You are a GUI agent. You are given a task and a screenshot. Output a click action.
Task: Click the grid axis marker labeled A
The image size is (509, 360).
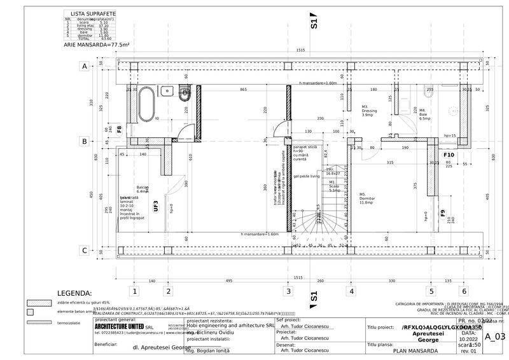[x=83, y=66]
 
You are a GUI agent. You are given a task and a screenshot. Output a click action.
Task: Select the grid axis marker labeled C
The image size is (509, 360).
[x=83, y=251]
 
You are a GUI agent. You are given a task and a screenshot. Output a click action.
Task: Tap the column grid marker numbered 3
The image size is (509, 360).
[x=288, y=291]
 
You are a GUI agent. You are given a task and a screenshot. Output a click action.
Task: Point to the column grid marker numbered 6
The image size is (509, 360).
[x=464, y=291]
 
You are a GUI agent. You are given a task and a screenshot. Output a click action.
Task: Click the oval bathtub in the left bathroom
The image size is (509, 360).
[x=146, y=104]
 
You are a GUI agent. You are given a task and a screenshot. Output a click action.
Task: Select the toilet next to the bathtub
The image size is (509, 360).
[x=185, y=95]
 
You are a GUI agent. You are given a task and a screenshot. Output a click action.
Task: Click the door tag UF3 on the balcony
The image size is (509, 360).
[x=156, y=205]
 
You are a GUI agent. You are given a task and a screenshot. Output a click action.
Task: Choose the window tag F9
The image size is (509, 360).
[x=443, y=213]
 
